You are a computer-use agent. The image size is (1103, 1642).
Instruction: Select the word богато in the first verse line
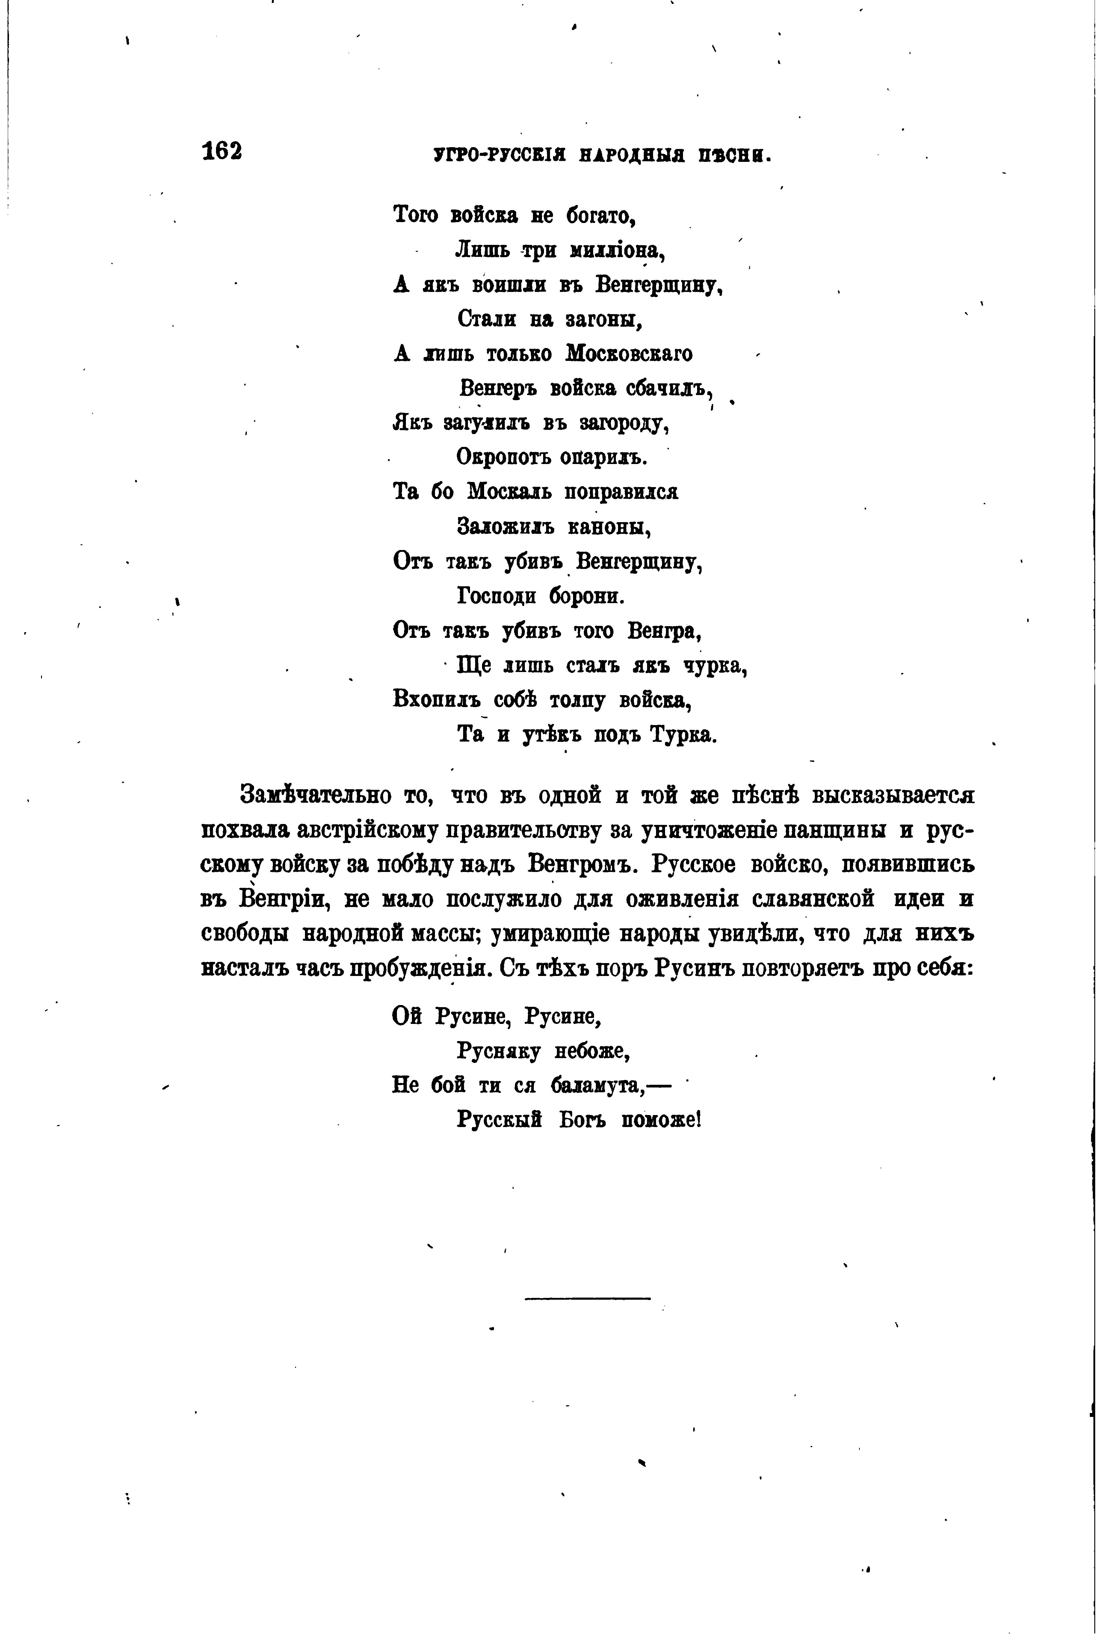pos(602,215)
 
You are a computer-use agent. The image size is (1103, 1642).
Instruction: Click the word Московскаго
pos(629,353)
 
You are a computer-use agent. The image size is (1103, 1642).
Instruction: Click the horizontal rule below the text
pos(587,1298)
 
